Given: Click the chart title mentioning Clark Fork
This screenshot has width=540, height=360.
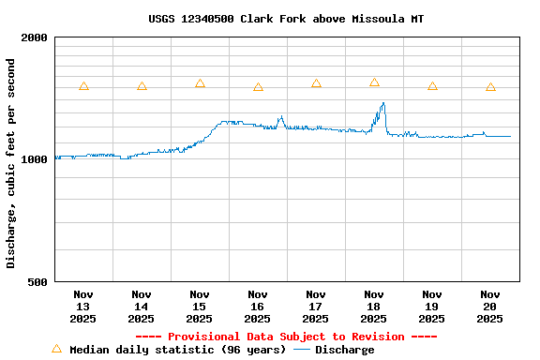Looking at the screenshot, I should tap(286, 19).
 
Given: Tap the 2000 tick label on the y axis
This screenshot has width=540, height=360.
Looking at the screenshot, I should tap(35, 38).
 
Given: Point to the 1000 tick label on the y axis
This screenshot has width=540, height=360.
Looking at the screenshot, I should tap(35, 160).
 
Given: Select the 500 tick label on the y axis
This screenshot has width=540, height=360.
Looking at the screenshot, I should tap(38, 282).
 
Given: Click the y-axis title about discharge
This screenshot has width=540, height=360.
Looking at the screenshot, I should tap(11, 163).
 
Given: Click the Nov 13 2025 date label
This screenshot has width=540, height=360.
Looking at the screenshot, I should tap(83, 306).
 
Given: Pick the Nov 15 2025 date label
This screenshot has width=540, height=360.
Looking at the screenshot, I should tap(200, 306).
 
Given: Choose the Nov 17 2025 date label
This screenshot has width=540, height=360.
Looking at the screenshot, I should tap(316, 306).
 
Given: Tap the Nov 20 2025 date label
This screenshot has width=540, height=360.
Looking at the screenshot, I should tap(490, 306).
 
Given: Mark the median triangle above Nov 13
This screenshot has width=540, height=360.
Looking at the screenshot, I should tap(83, 85).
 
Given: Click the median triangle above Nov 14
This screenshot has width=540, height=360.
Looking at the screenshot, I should tap(142, 85).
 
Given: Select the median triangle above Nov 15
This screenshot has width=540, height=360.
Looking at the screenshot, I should tap(200, 83).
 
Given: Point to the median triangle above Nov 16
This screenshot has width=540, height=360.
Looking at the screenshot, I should tap(258, 87).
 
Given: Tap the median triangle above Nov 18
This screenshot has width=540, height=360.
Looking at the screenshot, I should tap(374, 82).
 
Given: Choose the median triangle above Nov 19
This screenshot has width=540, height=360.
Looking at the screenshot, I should tap(432, 85).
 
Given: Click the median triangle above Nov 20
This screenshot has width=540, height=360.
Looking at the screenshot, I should tap(490, 87).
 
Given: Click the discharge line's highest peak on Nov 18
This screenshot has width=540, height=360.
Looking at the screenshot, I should tap(382, 103).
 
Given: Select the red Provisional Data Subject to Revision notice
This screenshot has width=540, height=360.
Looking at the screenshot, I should tap(286, 337).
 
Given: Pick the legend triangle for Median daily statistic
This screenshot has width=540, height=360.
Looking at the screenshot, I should tap(56, 349).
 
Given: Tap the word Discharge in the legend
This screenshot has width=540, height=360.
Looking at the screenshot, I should tap(344, 350).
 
